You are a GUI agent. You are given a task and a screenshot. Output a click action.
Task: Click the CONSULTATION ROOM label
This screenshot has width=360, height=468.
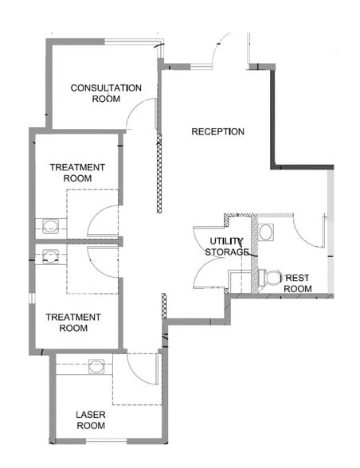(106, 93)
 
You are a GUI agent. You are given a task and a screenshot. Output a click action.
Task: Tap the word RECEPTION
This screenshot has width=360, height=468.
(217, 131)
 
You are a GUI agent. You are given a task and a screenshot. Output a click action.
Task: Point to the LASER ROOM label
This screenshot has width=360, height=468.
(91, 420)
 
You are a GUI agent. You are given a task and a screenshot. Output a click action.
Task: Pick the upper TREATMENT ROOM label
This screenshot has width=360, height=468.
(77, 173)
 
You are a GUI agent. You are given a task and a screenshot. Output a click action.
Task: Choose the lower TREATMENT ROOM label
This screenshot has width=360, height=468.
(73, 322)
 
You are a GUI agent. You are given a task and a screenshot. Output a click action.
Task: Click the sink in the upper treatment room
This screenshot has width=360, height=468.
(50, 226)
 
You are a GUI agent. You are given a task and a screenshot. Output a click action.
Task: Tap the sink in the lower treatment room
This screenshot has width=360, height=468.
(50, 256)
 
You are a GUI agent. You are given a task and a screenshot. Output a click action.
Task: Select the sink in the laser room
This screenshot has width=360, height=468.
(96, 367)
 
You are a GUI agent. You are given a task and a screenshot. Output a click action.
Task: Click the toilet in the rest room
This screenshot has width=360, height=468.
(271, 278)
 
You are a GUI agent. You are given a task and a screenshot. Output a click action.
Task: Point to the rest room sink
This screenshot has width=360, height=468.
(266, 232)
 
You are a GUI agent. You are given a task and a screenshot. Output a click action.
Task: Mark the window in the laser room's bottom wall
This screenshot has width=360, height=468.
(107, 440)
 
